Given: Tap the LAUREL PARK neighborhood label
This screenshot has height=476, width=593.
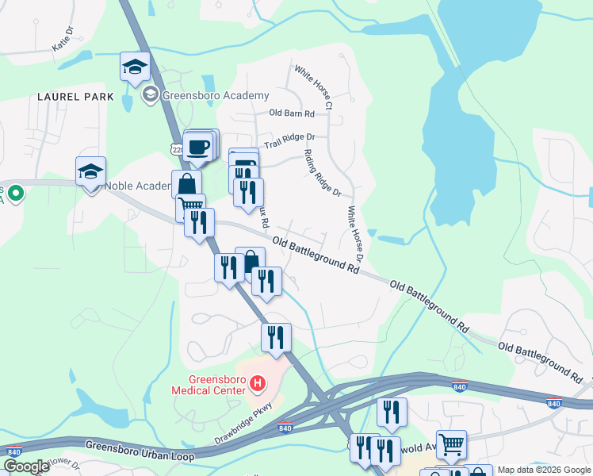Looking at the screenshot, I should (x=75, y=97).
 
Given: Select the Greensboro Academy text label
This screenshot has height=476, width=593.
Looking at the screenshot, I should (x=216, y=96).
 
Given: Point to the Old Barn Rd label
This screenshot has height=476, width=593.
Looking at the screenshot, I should (x=292, y=113).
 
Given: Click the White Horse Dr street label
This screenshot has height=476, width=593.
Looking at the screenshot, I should (x=354, y=236).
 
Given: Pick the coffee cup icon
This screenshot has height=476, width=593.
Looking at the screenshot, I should (x=197, y=146).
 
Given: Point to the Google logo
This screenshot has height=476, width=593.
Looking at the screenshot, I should (x=26, y=466).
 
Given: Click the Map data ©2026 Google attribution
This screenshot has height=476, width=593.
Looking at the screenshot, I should (x=543, y=470).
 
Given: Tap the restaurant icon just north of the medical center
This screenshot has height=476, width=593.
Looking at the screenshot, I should (x=276, y=338).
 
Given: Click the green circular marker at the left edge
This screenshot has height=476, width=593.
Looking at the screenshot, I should (x=14, y=192).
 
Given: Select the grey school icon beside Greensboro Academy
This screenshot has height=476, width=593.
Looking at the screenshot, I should (x=149, y=96).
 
